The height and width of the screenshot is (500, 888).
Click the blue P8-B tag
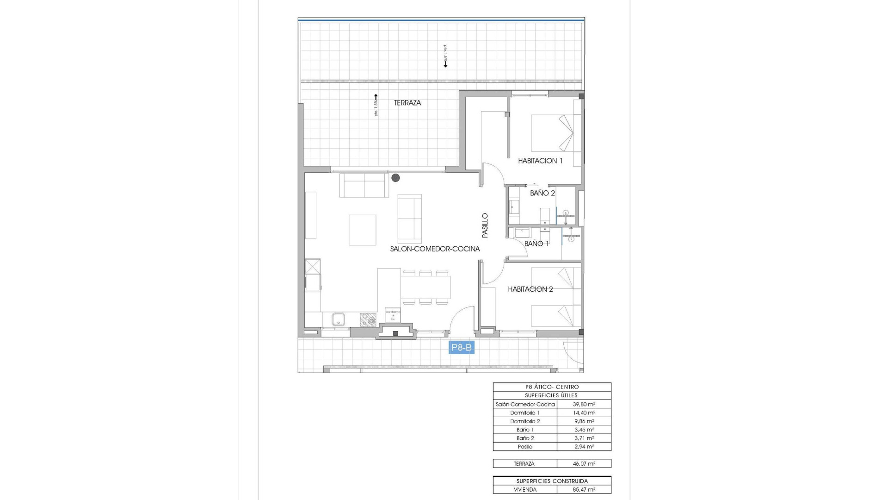pyautogui.click(x=461, y=347)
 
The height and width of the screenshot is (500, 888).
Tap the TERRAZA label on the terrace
pyautogui.click(x=407, y=103)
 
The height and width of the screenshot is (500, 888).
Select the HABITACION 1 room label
pyautogui.click(x=540, y=161)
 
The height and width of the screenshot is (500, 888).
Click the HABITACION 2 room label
pyautogui.click(x=530, y=289)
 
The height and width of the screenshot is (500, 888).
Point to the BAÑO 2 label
pyautogui.click(x=542, y=193)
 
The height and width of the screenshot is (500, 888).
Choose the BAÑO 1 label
pyautogui.click(x=536, y=244)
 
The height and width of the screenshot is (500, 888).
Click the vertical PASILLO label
pyautogui.click(x=485, y=225)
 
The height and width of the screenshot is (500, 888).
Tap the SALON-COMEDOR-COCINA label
pyautogui.click(x=435, y=249)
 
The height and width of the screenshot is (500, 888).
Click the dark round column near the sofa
pyautogui.click(x=395, y=178)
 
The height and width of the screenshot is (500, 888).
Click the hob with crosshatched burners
pyautogui.click(x=368, y=319)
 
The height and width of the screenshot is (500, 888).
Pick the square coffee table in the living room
pyautogui.click(x=362, y=230)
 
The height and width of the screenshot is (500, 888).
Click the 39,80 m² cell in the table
pyautogui.click(x=584, y=404)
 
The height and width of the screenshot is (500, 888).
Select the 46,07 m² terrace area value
pyautogui.click(x=584, y=463)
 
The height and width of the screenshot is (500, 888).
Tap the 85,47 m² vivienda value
pyautogui.click(x=584, y=489)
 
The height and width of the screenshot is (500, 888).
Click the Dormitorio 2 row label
pyautogui.click(x=525, y=421)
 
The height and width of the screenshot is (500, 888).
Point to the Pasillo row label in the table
pyautogui.click(x=525, y=447)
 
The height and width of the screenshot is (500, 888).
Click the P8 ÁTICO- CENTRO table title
pyautogui.click(x=552, y=387)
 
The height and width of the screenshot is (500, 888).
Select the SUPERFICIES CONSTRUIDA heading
pyautogui.click(x=552, y=481)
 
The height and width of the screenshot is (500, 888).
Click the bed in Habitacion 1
pyautogui.click(x=553, y=133)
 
